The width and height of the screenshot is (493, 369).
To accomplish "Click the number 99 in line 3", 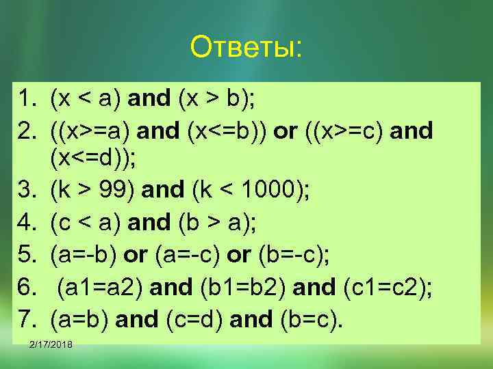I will tap(114, 192).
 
